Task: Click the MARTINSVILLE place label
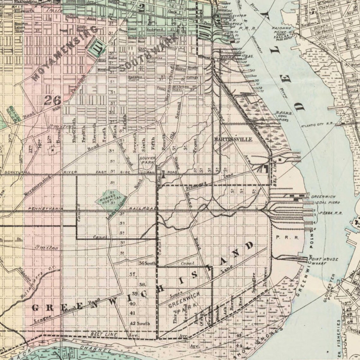pos(233,139)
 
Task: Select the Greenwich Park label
pos(183,302)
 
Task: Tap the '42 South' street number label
pos(140,323)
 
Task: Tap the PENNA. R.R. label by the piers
pos(327,213)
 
